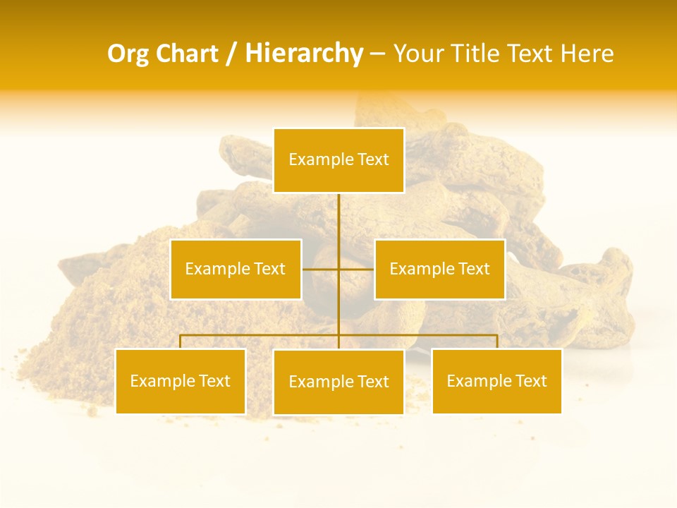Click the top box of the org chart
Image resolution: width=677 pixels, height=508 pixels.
click(338, 160)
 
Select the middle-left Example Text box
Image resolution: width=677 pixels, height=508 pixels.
click(236, 269)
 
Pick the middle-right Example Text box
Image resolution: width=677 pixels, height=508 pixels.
click(439, 269)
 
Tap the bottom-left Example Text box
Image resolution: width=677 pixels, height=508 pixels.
click(181, 381)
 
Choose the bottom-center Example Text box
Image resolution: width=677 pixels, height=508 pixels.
click(338, 382)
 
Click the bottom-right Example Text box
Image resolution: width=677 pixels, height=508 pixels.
click(496, 381)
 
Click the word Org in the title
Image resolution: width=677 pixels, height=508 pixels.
click(128, 54)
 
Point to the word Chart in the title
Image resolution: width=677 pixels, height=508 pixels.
click(186, 54)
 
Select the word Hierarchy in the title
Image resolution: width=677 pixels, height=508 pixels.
click(303, 54)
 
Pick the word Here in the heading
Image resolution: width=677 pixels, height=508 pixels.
click(587, 54)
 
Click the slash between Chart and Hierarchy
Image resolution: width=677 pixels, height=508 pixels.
click(231, 54)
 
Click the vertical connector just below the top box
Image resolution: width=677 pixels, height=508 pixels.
click(338, 212)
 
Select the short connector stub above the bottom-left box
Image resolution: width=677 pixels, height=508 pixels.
click(181, 341)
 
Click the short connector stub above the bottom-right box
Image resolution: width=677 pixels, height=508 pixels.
click(496, 341)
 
